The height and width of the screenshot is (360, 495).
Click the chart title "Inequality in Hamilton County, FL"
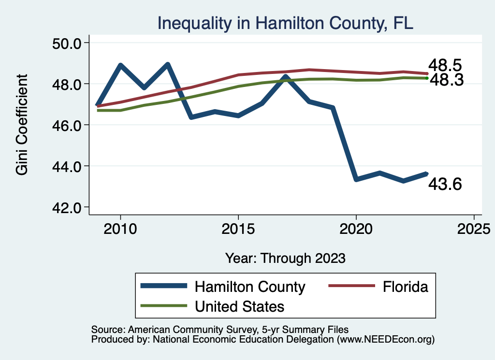[x=285, y=23]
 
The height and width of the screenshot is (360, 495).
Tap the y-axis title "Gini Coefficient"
[x=22, y=125]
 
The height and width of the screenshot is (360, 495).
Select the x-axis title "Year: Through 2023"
[x=285, y=258]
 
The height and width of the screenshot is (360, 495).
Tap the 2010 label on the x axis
[x=120, y=228]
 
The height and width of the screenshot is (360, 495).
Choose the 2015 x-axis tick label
[x=238, y=228]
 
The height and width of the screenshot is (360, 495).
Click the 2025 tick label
[x=474, y=228]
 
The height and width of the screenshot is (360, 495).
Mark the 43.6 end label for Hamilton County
[x=445, y=184]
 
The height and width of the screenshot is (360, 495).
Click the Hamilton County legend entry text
[x=250, y=287]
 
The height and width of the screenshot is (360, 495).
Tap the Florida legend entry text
[x=405, y=287]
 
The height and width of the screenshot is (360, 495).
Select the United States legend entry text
[x=239, y=306]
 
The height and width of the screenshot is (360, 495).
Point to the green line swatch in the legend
[x=163, y=306]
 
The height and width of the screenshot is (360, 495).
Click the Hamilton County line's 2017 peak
[x=286, y=77]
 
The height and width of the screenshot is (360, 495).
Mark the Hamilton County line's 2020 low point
[x=356, y=179]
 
